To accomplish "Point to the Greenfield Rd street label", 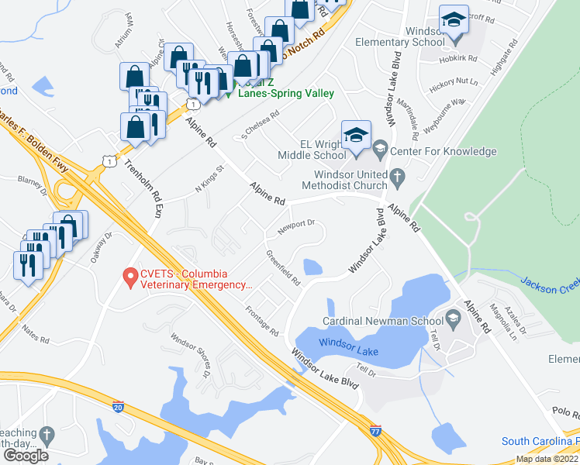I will [x=282, y=267].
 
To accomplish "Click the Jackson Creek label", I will [x=549, y=285].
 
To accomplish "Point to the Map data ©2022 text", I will [x=547, y=459].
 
